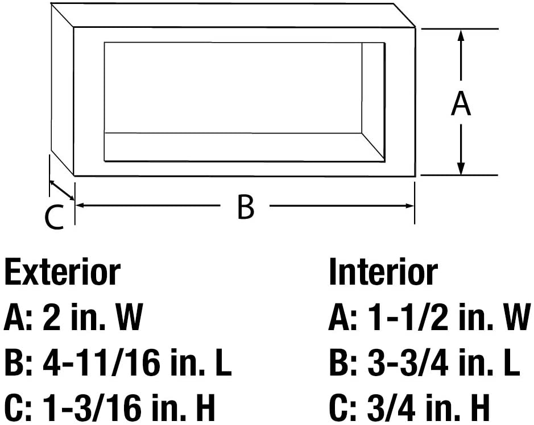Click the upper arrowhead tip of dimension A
pos(461,30)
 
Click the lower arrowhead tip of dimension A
pos(461,175)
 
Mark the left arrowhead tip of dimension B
pos(75,205)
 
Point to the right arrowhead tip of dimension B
pos(414,206)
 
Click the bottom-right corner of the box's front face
pos(416,176)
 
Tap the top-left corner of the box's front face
pos(74,28)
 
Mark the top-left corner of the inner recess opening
pos(104,43)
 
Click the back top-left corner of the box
pos(51,3)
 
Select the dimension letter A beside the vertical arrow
pos(461,103)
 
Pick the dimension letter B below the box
pos(246,207)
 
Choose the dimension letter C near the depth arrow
pos(55,216)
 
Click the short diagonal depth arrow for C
pos(61,190)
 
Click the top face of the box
pos(233,15)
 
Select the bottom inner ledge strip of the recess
pos(244,147)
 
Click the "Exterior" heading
pos(63,273)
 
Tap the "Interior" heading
pos(383,273)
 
